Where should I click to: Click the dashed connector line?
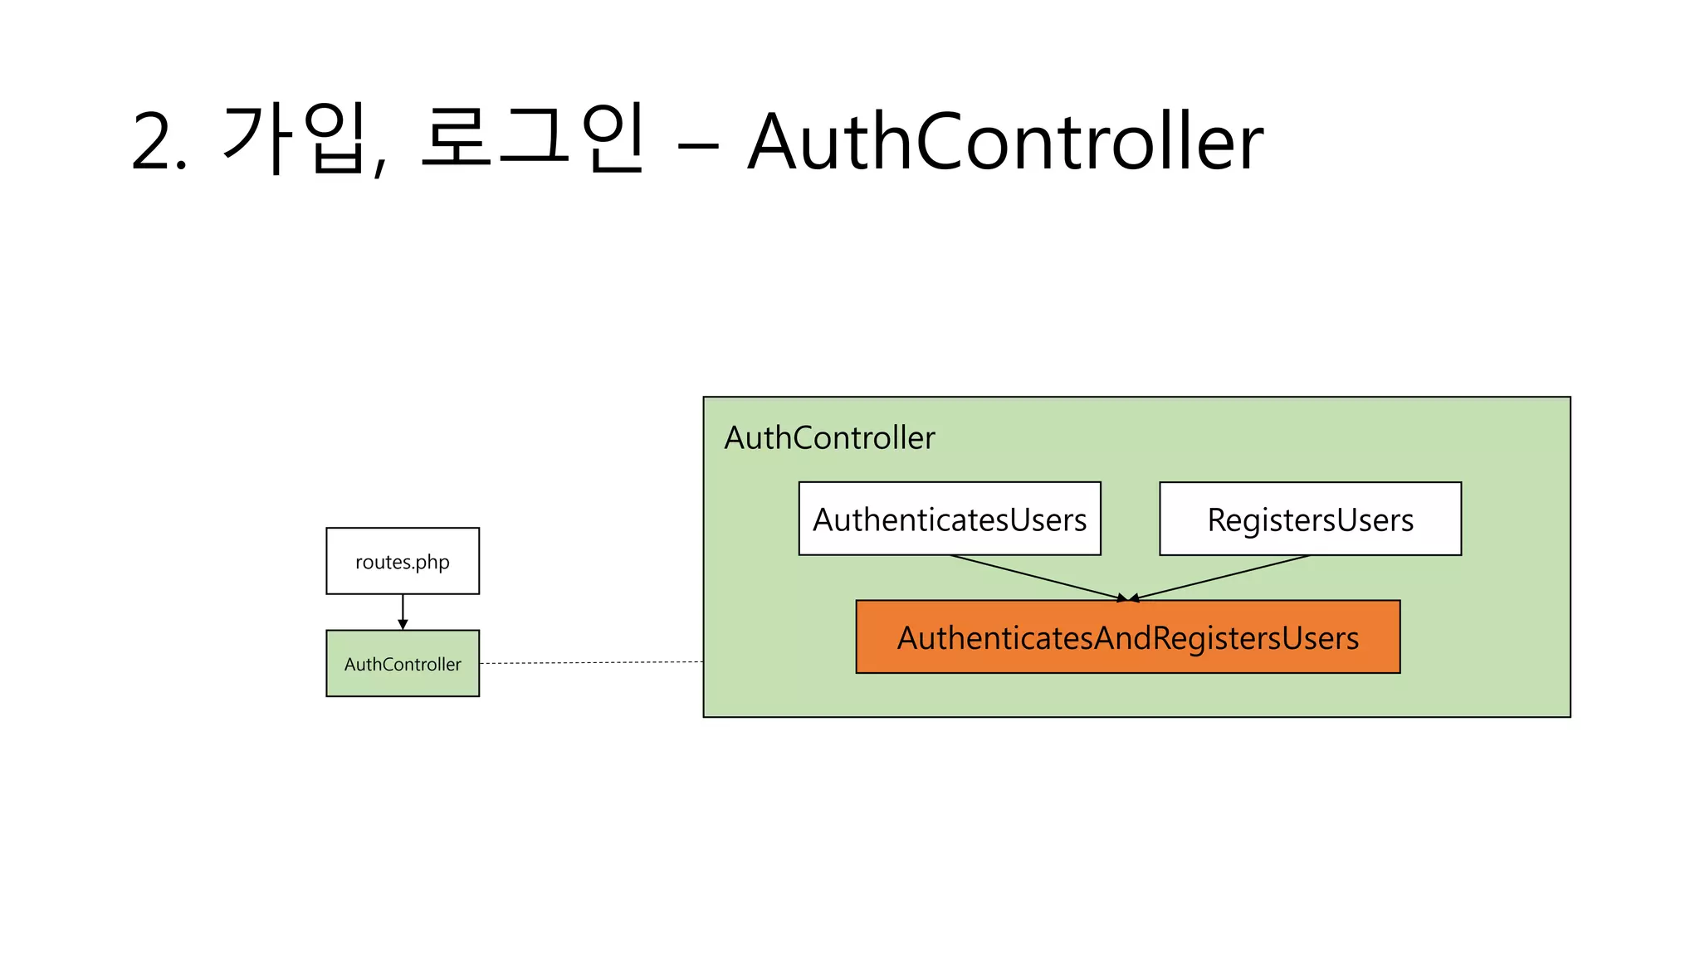click(591, 663)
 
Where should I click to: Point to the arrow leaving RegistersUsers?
click(1220, 578)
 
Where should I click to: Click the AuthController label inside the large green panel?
click(828, 438)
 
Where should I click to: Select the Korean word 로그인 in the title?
click(531, 139)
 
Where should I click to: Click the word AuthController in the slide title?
click(1004, 143)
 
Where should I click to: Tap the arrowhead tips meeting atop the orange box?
click(1127, 597)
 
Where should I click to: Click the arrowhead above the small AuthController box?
click(403, 625)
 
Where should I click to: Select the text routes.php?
click(402, 562)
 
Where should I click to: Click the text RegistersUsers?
click(1310, 520)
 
